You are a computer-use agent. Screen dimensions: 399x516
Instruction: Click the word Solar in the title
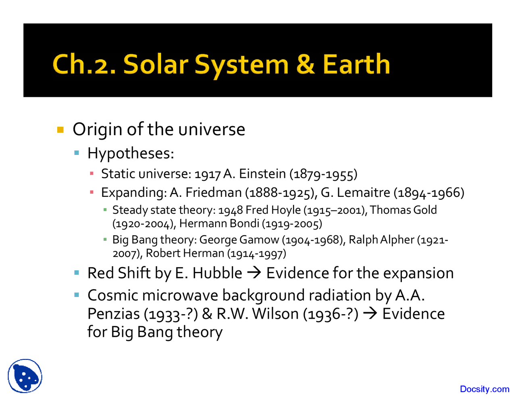tap(156, 65)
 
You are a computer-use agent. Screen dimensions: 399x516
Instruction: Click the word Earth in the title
tap(356, 65)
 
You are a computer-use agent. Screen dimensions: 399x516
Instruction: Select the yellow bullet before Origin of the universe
tap(60, 130)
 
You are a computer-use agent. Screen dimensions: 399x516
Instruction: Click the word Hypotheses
tap(130, 153)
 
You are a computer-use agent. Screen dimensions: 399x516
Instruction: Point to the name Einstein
tap(262, 174)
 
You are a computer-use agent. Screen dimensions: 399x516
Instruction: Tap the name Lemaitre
tap(363, 192)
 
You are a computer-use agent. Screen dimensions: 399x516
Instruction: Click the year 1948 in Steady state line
tap(231, 210)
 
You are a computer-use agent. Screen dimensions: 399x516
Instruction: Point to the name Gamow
tap(259, 240)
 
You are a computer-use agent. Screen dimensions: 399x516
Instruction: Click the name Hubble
tap(217, 273)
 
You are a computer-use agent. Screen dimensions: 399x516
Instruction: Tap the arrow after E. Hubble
tap(254, 273)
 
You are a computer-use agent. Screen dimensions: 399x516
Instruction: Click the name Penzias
tap(113, 314)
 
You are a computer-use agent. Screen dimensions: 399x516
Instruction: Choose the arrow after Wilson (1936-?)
tap(370, 314)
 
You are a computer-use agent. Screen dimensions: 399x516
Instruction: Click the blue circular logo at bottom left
tap(25, 376)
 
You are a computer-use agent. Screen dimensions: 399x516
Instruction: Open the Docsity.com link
tap(484, 389)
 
